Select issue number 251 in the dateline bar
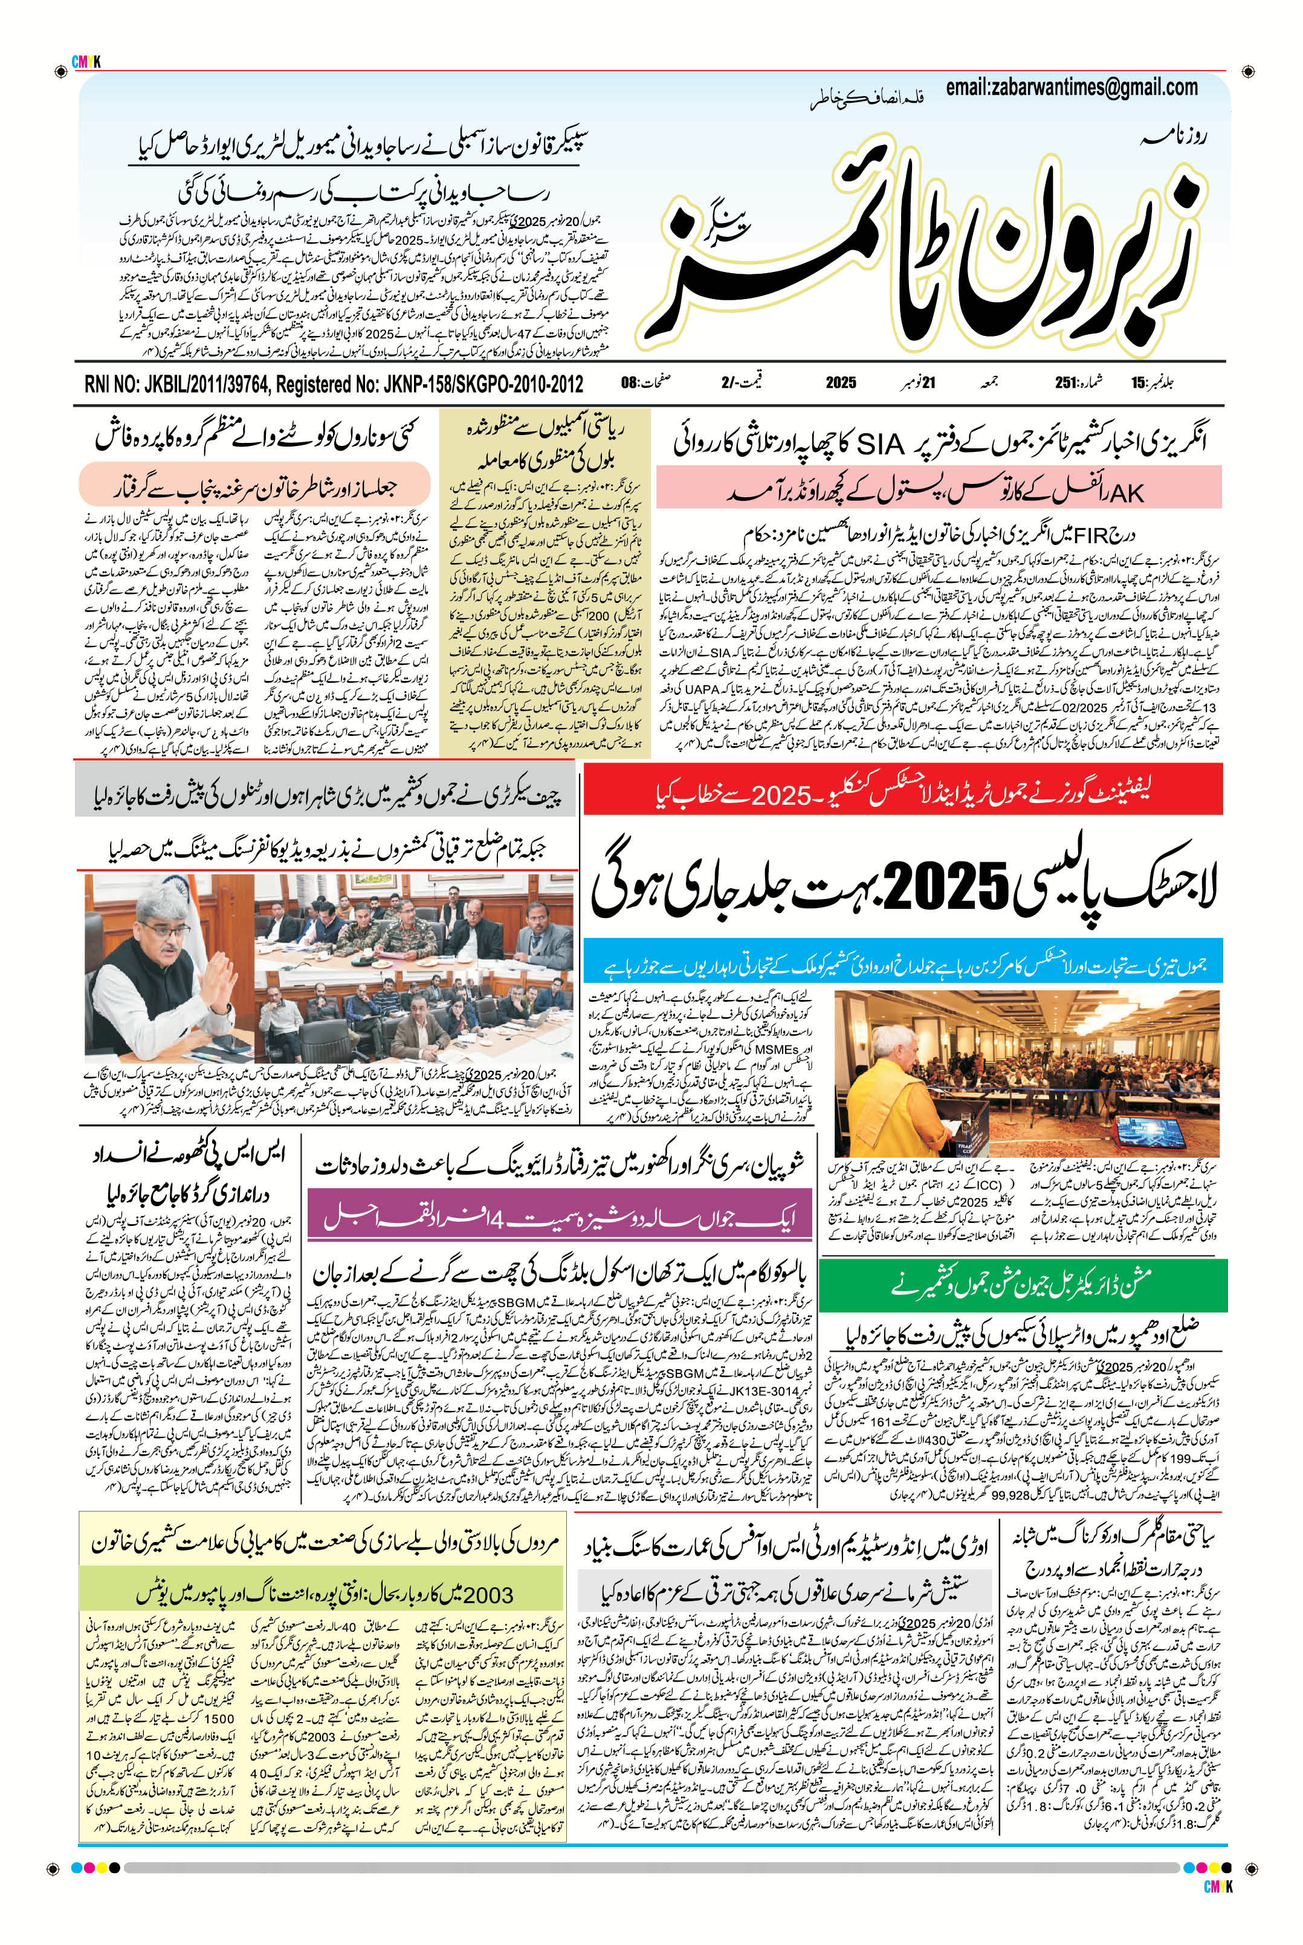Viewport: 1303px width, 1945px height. [x=1066, y=383]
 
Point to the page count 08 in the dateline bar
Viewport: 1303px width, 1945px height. [x=629, y=383]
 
